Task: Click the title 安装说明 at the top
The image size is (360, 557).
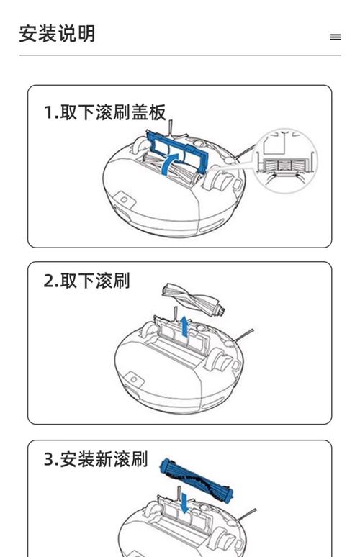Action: click(x=57, y=34)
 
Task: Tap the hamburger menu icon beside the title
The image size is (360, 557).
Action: click(x=335, y=37)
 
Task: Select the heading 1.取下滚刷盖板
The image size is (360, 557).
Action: click(x=104, y=112)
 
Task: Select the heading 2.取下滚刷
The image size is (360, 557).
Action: click(x=86, y=281)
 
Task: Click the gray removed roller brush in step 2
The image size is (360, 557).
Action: click(x=192, y=299)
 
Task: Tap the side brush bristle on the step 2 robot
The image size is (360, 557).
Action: click(x=243, y=334)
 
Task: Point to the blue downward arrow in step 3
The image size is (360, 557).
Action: click(x=185, y=502)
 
